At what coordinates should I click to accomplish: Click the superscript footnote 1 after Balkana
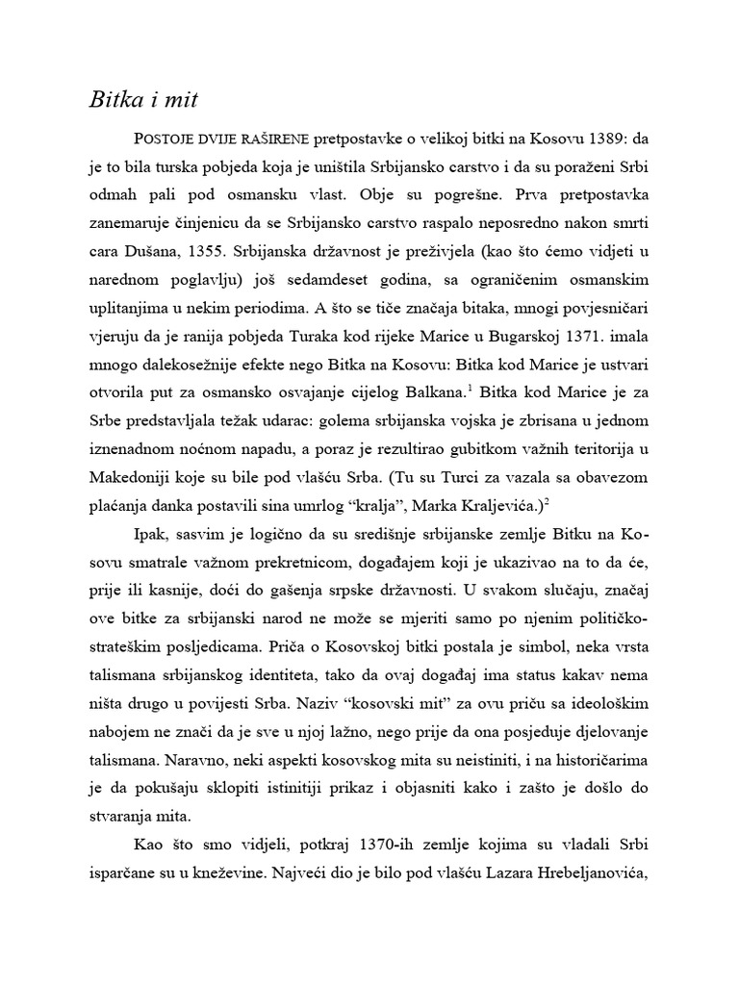(470, 389)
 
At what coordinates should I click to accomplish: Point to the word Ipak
(146, 534)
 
